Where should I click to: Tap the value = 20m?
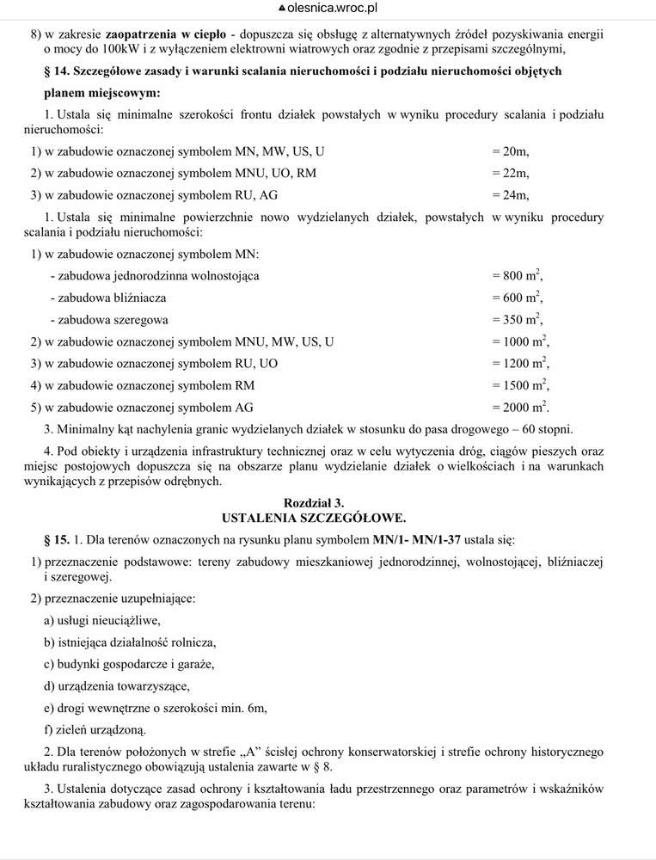click(x=511, y=152)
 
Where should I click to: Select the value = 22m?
click(x=511, y=174)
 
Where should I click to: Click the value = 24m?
click(x=511, y=195)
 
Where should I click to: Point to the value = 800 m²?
click(x=518, y=276)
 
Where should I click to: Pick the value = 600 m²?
click(x=518, y=298)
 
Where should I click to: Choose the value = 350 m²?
click(x=518, y=320)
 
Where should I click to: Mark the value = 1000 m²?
click(x=520, y=341)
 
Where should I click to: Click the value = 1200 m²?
click(x=520, y=363)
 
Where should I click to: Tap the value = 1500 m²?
click(x=520, y=385)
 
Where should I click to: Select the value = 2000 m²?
click(x=520, y=407)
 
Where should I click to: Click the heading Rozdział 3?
click(x=314, y=502)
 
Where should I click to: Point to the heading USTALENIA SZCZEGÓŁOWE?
click(x=314, y=518)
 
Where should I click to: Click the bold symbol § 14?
click(x=56, y=71)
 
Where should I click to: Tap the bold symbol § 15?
click(x=56, y=540)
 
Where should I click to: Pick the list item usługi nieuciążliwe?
click(x=108, y=619)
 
